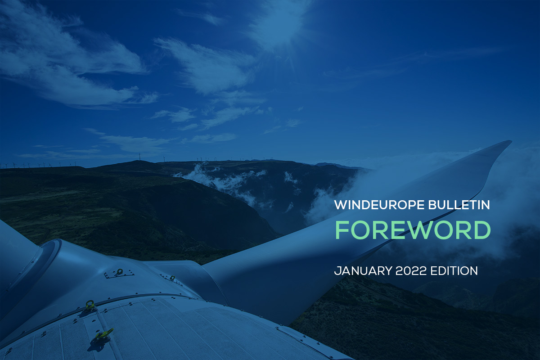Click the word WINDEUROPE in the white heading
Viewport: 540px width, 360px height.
379,205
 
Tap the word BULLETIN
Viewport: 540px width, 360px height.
459,205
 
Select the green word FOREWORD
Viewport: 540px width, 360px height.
413,230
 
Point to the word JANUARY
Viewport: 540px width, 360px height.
363,271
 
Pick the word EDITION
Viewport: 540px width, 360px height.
454,271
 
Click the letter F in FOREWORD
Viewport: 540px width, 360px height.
343,230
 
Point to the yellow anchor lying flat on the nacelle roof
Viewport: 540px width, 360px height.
104,333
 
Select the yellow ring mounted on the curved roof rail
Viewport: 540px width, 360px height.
90,305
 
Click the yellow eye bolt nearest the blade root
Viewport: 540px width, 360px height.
172,278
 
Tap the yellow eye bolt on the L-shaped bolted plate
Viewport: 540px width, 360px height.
119,271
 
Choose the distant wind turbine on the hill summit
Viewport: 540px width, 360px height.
139,157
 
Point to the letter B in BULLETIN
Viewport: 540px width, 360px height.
432,205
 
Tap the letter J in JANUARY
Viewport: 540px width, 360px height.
337,271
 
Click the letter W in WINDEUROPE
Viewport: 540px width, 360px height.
340,205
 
